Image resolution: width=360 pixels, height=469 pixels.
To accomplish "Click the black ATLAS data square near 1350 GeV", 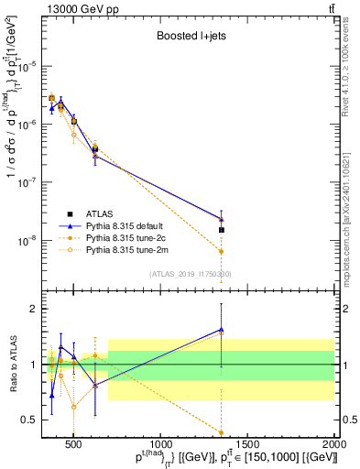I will pos(221,230).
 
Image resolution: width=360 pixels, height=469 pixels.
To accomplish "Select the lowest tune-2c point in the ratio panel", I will pos(221,432).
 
